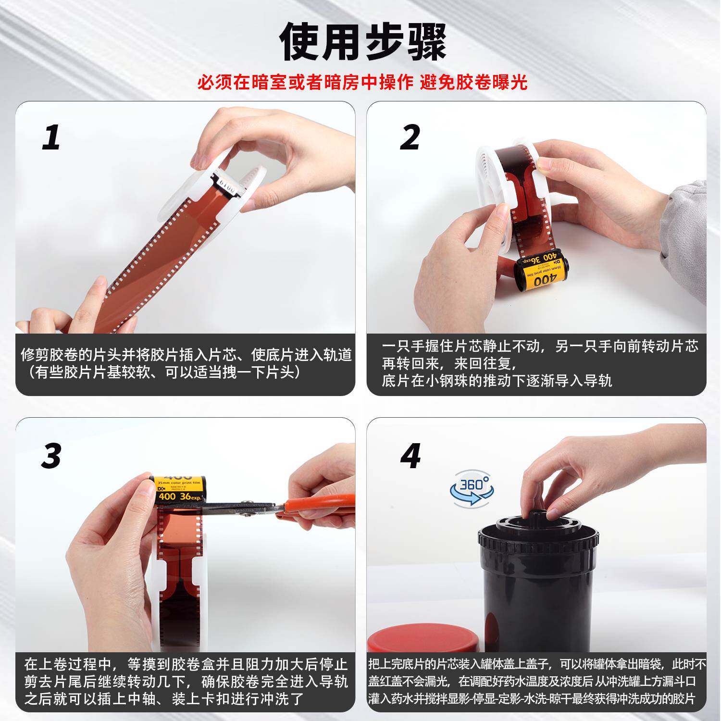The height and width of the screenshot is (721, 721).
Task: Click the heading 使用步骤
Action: [363, 42]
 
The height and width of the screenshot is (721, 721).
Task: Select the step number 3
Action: [51, 456]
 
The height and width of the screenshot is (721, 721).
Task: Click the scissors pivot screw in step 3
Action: [249, 514]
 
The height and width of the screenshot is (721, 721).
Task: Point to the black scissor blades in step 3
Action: [236, 509]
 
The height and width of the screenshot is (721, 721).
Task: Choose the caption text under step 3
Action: [186, 682]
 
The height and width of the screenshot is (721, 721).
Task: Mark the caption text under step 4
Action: [537, 682]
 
